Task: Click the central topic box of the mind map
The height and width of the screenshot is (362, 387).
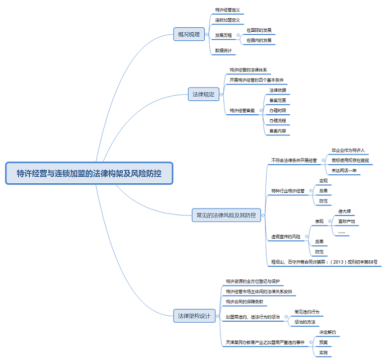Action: [x=89, y=174]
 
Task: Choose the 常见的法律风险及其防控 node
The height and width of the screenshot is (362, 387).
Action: [x=226, y=215]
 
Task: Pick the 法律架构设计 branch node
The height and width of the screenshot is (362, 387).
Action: [x=193, y=316]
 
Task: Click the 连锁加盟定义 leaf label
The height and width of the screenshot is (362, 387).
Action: [x=227, y=20]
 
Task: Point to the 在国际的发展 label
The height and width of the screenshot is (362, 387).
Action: [x=259, y=30]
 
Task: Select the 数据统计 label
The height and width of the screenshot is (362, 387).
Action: [x=223, y=50]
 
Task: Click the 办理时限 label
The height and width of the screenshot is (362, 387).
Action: [x=277, y=110]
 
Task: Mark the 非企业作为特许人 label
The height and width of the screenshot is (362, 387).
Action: [x=348, y=150]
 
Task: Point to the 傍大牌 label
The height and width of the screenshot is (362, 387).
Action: [x=345, y=211]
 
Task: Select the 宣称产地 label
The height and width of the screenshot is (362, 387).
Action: [x=346, y=221]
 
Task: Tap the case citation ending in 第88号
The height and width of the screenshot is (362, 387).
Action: [x=325, y=262]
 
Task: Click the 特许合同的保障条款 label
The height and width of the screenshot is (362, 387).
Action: [x=245, y=301]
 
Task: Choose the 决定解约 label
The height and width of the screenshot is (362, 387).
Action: [x=328, y=332]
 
